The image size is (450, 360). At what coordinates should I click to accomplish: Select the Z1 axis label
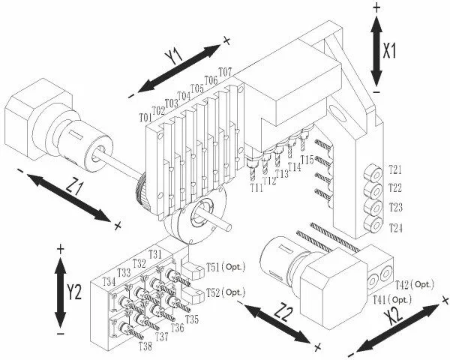pyautogui.click(x=74, y=186)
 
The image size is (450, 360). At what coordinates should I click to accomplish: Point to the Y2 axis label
pyautogui.click(x=74, y=292)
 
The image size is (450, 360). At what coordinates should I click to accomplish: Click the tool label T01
pyautogui.click(x=145, y=117)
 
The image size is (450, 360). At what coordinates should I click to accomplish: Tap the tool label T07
pyautogui.click(x=225, y=71)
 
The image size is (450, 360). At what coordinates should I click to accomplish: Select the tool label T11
pyautogui.click(x=256, y=187)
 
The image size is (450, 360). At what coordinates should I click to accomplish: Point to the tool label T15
pyautogui.click(x=307, y=160)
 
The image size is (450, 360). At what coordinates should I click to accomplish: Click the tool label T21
pyautogui.click(x=395, y=170)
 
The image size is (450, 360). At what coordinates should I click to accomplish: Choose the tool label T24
pyautogui.click(x=396, y=228)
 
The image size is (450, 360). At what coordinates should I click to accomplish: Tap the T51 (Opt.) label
pyautogui.click(x=226, y=268)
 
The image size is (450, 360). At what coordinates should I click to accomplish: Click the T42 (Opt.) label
pyautogui.click(x=415, y=285)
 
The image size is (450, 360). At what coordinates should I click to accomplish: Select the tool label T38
pyautogui.click(x=145, y=346)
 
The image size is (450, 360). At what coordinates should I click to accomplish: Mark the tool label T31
pyautogui.click(x=155, y=254)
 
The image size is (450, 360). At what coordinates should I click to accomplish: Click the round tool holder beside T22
pyautogui.click(x=373, y=190)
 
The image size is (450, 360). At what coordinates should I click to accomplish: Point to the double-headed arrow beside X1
pyautogui.click(x=376, y=51)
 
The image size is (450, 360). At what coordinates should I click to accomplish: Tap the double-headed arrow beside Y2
pyautogui.click(x=60, y=292)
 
